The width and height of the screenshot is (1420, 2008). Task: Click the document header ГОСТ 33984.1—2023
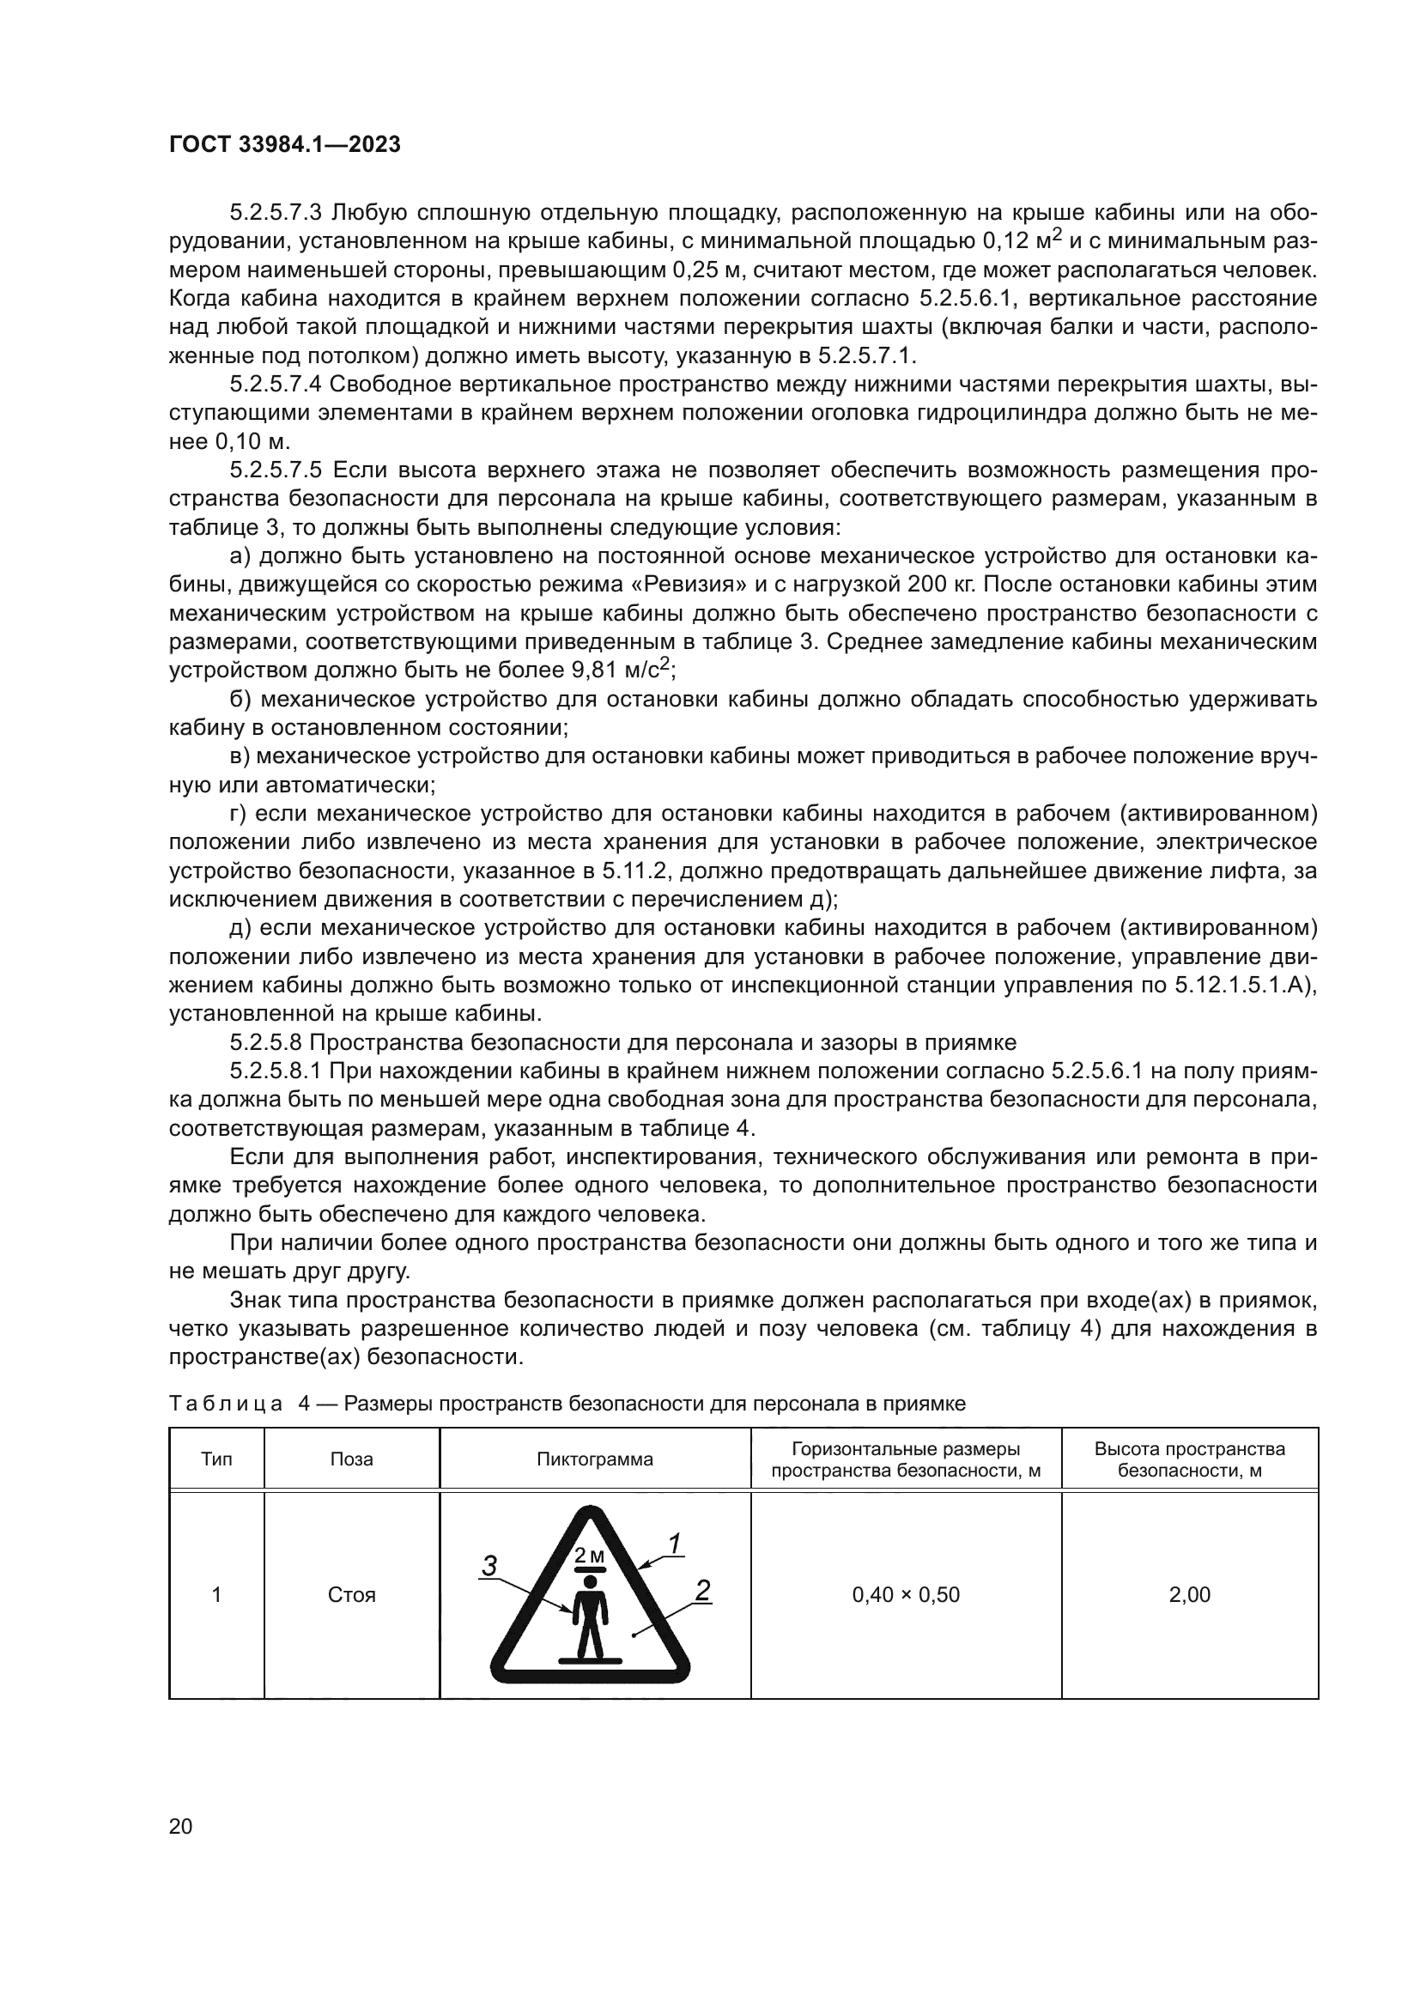tap(284, 145)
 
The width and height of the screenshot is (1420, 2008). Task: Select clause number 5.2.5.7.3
tap(276, 213)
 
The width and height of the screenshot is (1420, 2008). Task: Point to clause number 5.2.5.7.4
tap(276, 385)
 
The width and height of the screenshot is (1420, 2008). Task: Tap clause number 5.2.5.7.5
tap(276, 470)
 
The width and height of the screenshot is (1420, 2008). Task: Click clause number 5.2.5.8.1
tap(276, 1071)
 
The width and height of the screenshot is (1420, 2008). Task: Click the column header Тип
tap(217, 1459)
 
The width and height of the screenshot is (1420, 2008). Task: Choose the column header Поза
tap(351, 1459)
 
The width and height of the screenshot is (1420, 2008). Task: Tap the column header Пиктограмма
tap(595, 1459)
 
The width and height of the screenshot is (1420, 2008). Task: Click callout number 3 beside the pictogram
tap(489, 1567)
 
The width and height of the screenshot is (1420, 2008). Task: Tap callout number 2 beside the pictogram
tap(702, 1591)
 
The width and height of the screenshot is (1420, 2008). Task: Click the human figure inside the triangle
tap(589, 1617)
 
